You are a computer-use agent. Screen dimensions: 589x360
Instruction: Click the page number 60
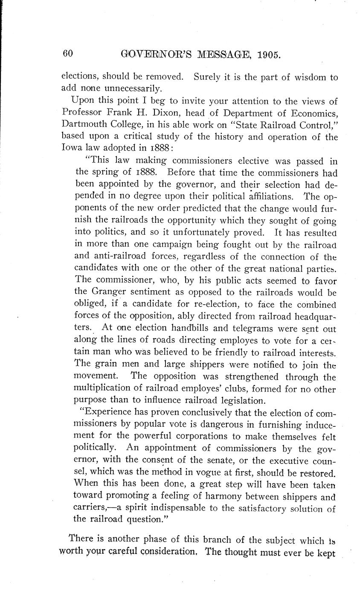pos(68,53)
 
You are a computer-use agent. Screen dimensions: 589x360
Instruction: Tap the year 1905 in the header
pos(266,54)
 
